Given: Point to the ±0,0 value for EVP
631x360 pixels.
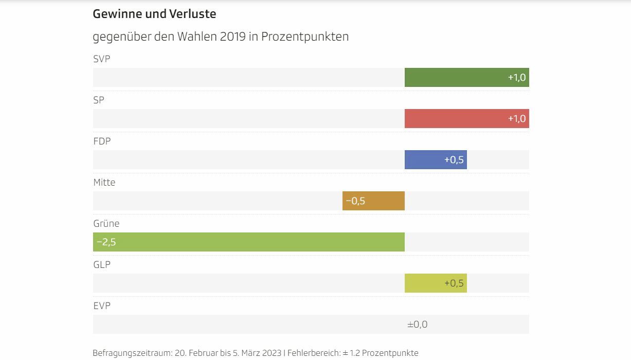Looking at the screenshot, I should pyautogui.click(x=417, y=325).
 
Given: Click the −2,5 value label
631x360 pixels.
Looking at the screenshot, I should pyautogui.click(x=106, y=242).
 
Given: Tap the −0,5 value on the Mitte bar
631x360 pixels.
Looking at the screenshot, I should pyautogui.click(x=355, y=201).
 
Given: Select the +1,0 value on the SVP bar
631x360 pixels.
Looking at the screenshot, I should pyautogui.click(x=517, y=78).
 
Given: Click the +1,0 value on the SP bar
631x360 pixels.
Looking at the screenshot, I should pyautogui.click(x=517, y=119).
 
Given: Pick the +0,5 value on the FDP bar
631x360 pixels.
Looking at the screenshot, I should pyautogui.click(x=454, y=160).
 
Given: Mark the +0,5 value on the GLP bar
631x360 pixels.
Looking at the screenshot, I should pyautogui.click(x=454, y=283).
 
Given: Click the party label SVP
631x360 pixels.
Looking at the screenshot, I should pyautogui.click(x=102, y=59).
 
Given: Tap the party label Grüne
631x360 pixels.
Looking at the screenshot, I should pyautogui.click(x=106, y=224).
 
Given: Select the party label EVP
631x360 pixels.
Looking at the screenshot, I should pyautogui.click(x=102, y=306).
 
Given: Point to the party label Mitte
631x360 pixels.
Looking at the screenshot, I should pyautogui.click(x=104, y=183).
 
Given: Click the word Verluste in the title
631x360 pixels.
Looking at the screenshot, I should pyautogui.click(x=192, y=14).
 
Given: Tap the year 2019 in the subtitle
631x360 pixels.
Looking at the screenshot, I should pyautogui.click(x=232, y=37).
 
